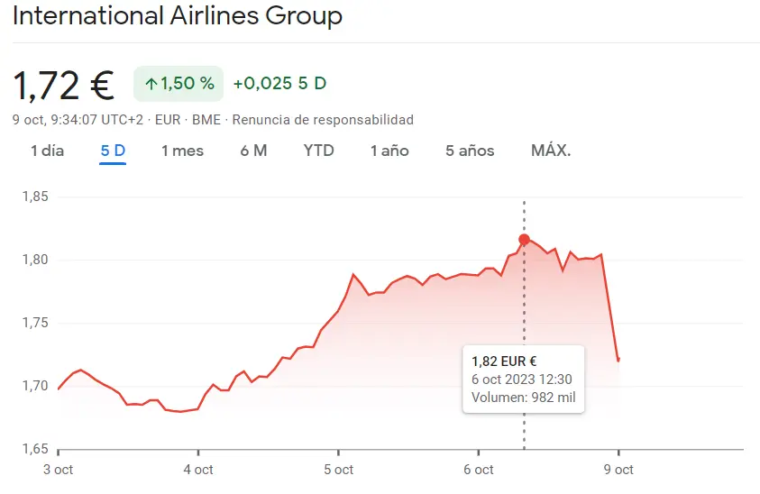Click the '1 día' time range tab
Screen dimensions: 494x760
pos(47,151)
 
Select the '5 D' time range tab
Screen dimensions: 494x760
pos(113,151)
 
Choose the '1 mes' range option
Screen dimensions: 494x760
pos(182,151)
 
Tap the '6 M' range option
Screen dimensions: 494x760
pos(253,151)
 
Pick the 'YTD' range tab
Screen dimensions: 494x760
pos(318,151)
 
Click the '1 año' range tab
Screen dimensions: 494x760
pos(389,151)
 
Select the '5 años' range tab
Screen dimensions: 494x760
pos(470,151)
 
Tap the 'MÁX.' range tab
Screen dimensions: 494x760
pos(551,151)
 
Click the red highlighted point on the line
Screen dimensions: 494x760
pos(524,240)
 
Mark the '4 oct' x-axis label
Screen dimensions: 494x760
pos(198,470)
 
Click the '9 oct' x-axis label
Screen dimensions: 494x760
pos(618,470)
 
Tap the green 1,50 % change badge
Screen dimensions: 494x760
pos(179,84)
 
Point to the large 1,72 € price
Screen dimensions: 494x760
pos(63,86)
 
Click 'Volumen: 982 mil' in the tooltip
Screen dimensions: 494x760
pos(523,398)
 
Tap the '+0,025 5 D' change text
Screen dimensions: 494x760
pos(279,84)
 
